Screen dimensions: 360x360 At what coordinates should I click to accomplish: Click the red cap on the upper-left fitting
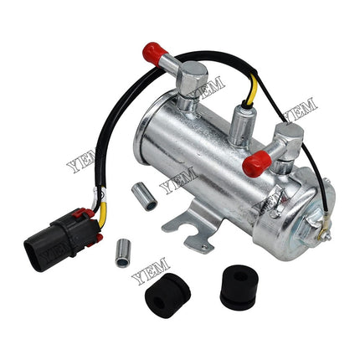tap(155, 54)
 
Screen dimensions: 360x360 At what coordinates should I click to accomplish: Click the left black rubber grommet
tap(167, 296)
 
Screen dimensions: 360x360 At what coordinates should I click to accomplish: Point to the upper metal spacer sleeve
tap(144, 196)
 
